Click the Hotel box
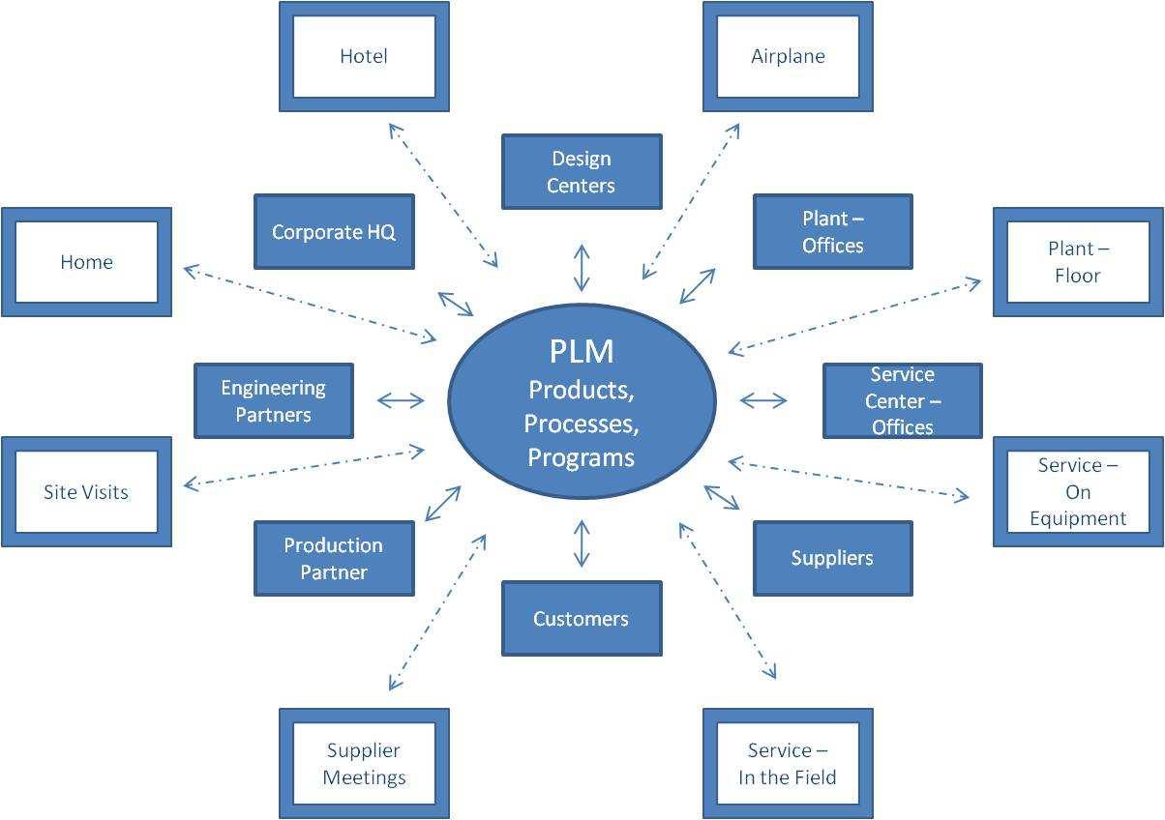(364, 56)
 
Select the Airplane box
(788, 56)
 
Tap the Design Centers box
(582, 172)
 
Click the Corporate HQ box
(334, 232)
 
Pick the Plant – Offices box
(832, 232)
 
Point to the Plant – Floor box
(1078, 262)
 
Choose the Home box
(86, 262)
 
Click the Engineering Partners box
(274, 401)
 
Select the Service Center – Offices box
(902, 400)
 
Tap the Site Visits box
(86, 491)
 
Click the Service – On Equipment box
(1078, 491)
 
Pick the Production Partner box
(334, 559)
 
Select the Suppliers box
(832, 558)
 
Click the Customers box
(582, 619)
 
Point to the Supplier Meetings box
(364, 764)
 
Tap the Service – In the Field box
(788, 764)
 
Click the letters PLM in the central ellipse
(582, 351)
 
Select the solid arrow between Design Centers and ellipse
(582, 268)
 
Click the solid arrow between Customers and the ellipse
(582, 542)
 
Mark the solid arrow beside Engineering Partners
(401, 400)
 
